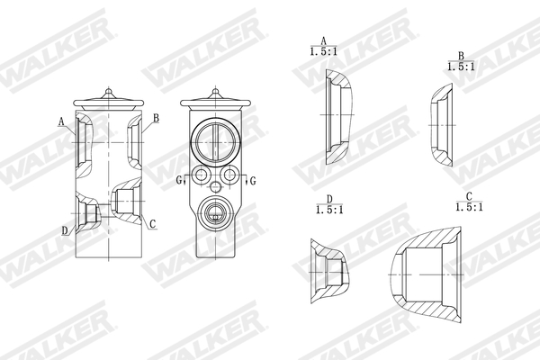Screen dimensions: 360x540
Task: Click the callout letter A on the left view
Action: tap(61, 121)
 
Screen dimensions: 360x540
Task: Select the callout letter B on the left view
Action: tap(156, 118)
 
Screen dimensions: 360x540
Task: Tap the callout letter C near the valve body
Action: tap(152, 223)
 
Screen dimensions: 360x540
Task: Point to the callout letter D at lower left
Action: tap(64, 230)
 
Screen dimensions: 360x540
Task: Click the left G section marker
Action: tap(179, 181)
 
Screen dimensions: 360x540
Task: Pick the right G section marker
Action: tap(252, 181)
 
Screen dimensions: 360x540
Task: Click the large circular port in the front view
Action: tap(216, 141)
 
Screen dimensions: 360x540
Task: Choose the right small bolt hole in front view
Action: tap(230, 175)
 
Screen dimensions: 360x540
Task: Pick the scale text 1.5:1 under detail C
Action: tap(468, 207)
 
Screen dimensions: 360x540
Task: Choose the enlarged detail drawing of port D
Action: tap(329, 268)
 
